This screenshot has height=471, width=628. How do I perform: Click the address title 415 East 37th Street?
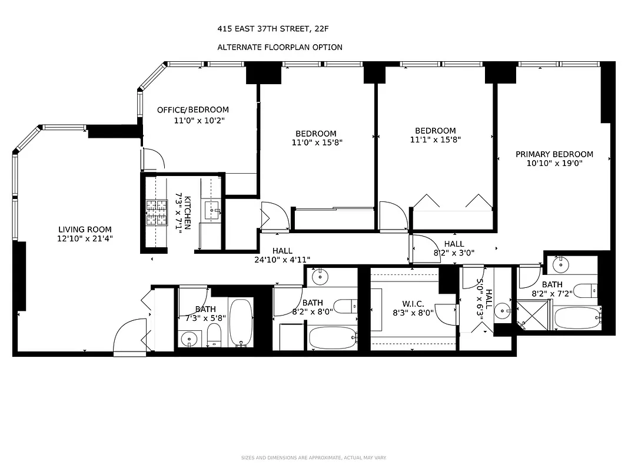[277, 28]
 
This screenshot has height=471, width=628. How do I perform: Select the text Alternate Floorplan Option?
[280, 47]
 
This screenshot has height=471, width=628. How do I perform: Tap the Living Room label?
[85, 230]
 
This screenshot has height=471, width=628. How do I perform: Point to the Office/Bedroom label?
[192, 110]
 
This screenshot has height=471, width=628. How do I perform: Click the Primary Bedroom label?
[554, 154]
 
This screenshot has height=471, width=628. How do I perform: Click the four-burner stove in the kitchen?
[157, 213]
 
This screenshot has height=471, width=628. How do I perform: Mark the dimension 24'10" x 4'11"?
[282, 260]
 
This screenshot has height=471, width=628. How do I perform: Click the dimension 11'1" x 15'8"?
[435, 140]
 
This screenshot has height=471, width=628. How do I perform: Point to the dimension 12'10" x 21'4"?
[85, 239]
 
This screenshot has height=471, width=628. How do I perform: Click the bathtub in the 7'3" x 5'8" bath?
[240, 322]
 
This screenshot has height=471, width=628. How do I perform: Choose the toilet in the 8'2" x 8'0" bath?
[343, 306]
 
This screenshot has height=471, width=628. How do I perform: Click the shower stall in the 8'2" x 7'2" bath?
[531, 316]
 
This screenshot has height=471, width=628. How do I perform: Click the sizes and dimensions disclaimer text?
[313, 457]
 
